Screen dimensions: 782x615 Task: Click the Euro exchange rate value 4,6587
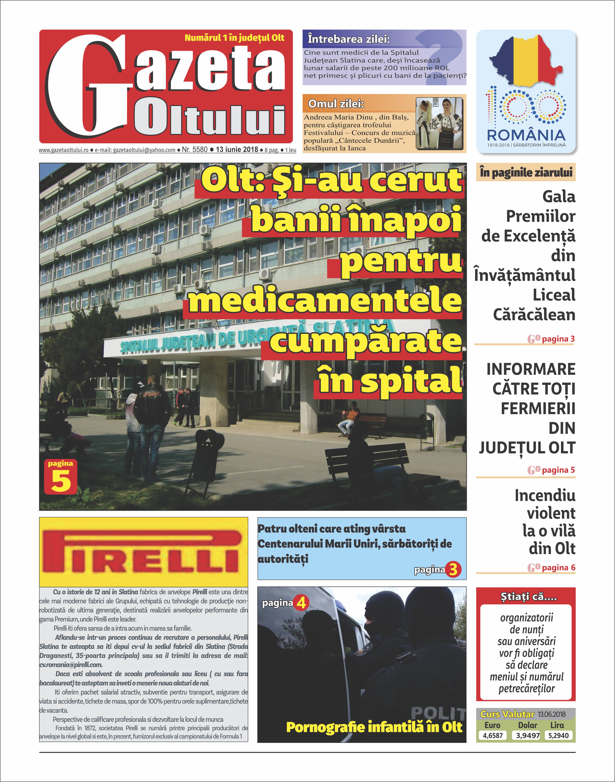point(493,735)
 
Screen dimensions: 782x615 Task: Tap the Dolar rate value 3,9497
point(527,735)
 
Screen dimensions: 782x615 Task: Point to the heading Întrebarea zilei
point(349,39)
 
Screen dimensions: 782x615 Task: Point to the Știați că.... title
point(526,596)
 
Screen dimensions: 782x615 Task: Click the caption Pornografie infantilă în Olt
point(374,727)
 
